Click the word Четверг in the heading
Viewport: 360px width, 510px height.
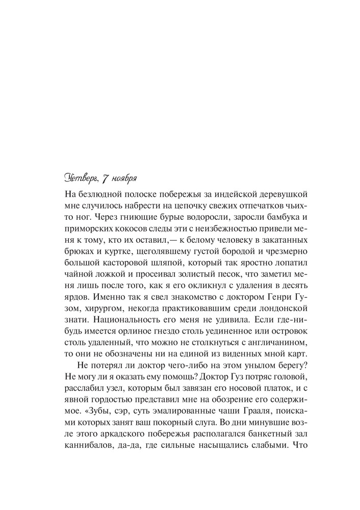click(83, 178)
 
